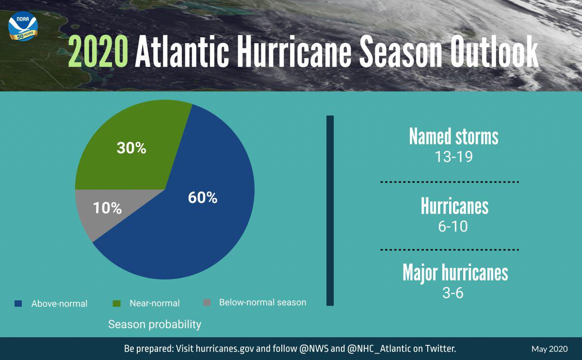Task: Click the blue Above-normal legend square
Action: click(x=18, y=304)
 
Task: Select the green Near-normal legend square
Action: click(x=116, y=303)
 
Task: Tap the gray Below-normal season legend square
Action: click(x=207, y=303)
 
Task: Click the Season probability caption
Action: click(x=154, y=324)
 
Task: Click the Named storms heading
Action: click(x=453, y=137)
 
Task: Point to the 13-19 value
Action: click(x=453, y=157)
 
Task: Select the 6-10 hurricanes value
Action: click(x=453, y=226)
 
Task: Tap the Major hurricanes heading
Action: click(x=455, y=273)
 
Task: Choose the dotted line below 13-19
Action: click(x=449, y=182)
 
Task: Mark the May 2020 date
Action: click(x=549, y=349)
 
